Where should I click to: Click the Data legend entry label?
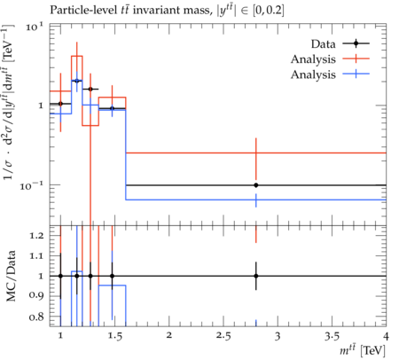[323, 43]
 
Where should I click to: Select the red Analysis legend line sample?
[356, 59]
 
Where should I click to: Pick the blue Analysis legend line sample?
[356, 74]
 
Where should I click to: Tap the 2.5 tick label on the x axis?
[223, 336]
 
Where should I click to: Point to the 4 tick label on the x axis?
[386, 336]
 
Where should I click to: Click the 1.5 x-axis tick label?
[115, 336]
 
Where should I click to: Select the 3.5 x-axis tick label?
[332, 336]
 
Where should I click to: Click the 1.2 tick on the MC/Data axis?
[37, 235]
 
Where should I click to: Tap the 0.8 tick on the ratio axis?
[36, 317]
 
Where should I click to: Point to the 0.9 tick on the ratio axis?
[36, 295]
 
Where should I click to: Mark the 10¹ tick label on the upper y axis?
[35, 27]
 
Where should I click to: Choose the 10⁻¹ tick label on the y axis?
[32, 185]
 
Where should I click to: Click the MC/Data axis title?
[11, 276]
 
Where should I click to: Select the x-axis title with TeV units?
[363, 350]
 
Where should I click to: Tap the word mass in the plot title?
[197, 11]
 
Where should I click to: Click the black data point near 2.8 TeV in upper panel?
[256, 185]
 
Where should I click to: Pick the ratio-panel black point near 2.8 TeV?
[256, 276]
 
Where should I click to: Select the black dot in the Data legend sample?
[356, 43]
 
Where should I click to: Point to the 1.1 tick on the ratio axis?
[37, 255]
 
